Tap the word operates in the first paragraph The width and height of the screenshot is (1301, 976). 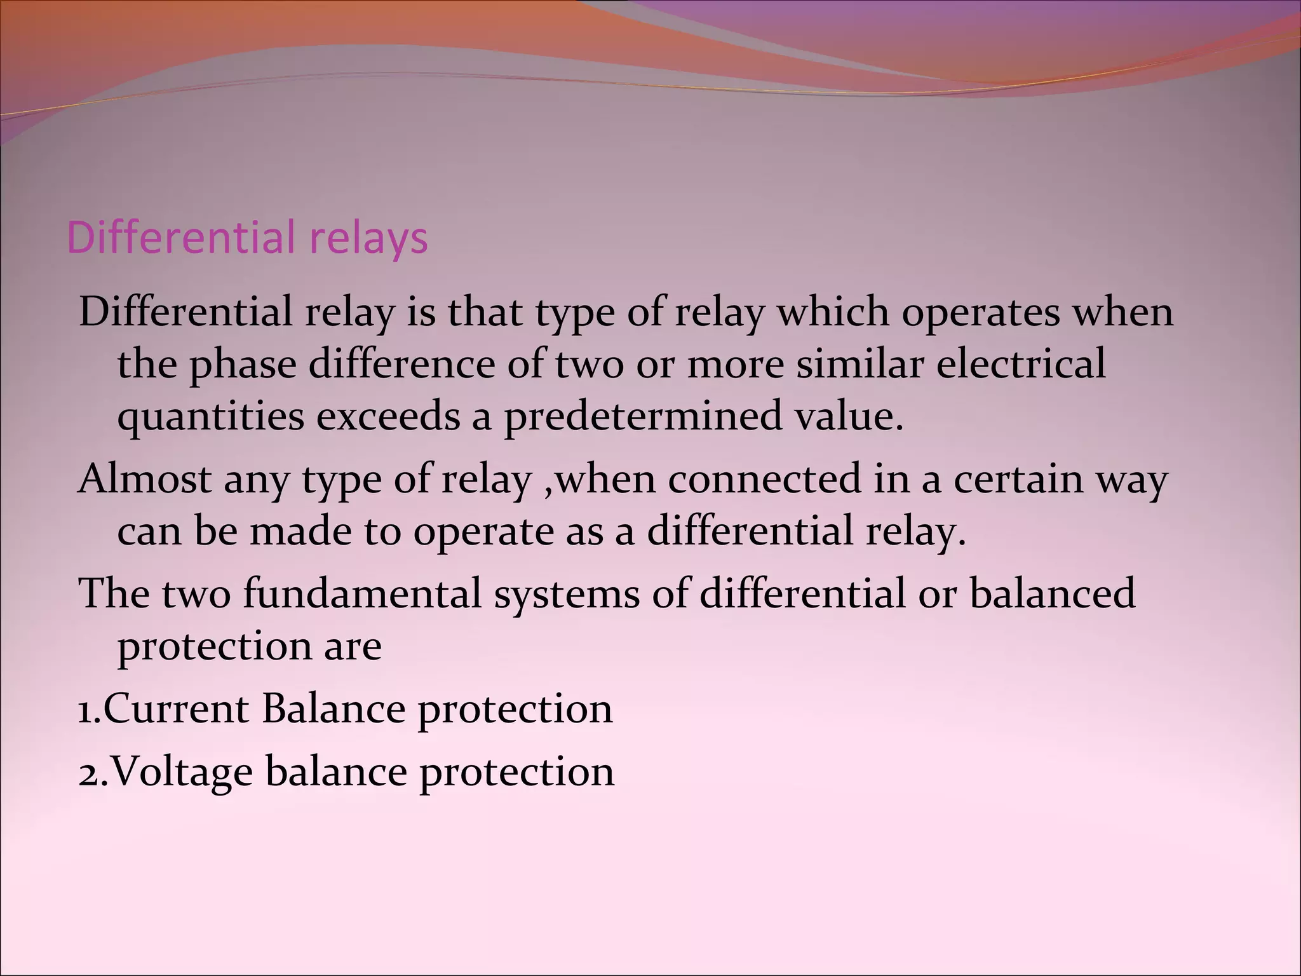pyautogui.click(x=981, y=313)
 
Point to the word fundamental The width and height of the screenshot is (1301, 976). pyautogui.click(x=362, y=593)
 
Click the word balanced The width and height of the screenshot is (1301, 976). pyautogui.click(x=1052, y=593)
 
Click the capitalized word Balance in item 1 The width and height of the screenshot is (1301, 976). pyautogui.click(x=333, y=709)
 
